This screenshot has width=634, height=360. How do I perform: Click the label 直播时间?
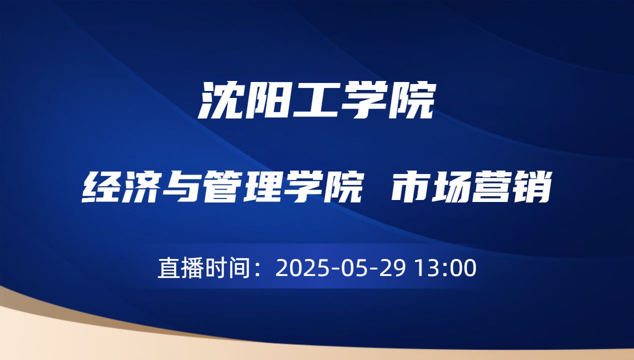pyautogui.click(x=203, y=268)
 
